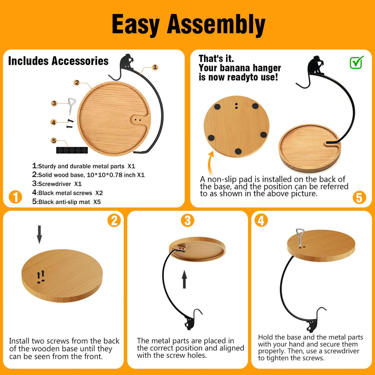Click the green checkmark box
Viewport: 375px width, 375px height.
(356, 62)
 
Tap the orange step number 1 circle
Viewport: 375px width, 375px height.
(15, 197)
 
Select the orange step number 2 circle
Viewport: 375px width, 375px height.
(114, 220)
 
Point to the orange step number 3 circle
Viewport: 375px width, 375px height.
(187, 220)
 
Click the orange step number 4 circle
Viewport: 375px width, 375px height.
(261, 220)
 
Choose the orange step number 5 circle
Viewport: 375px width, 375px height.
(359, 197)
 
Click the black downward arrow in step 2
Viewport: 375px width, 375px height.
(40, 234)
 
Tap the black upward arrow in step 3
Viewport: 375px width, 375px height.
(184, 279)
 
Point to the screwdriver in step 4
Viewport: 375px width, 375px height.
(300, 237)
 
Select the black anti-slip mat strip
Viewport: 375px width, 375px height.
(72, 150)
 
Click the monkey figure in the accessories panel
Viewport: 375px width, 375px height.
(127, 62)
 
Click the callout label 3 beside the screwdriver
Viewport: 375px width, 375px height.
(54, 103)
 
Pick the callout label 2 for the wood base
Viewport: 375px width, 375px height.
(77, 82)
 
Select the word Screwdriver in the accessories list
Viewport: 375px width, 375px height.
(55, 184)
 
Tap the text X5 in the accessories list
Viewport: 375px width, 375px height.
(97, 202)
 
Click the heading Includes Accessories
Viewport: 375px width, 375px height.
(58, 61)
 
